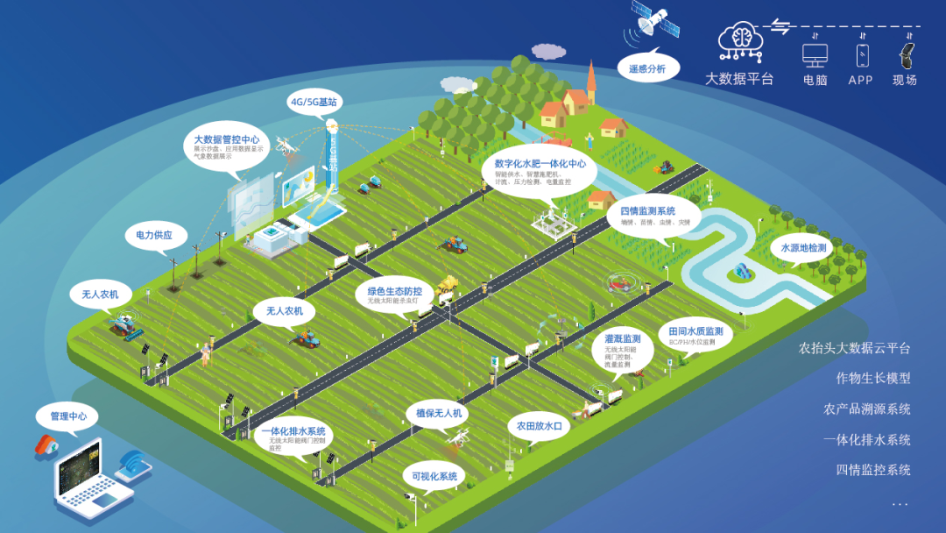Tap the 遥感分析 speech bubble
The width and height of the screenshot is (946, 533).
[647, 68]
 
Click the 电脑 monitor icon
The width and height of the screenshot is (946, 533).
[815, 54]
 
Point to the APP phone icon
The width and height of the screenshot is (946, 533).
[862, 55]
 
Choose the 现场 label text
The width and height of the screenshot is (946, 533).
[905, 80]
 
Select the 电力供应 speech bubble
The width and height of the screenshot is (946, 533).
[154, 235]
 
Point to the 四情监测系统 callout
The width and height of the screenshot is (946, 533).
[648, 216]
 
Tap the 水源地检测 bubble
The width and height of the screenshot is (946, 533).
[803, 248]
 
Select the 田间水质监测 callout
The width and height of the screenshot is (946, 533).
[695, 336]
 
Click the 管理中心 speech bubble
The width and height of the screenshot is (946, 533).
[68, 416]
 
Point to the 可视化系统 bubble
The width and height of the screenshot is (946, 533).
[434, 477]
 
